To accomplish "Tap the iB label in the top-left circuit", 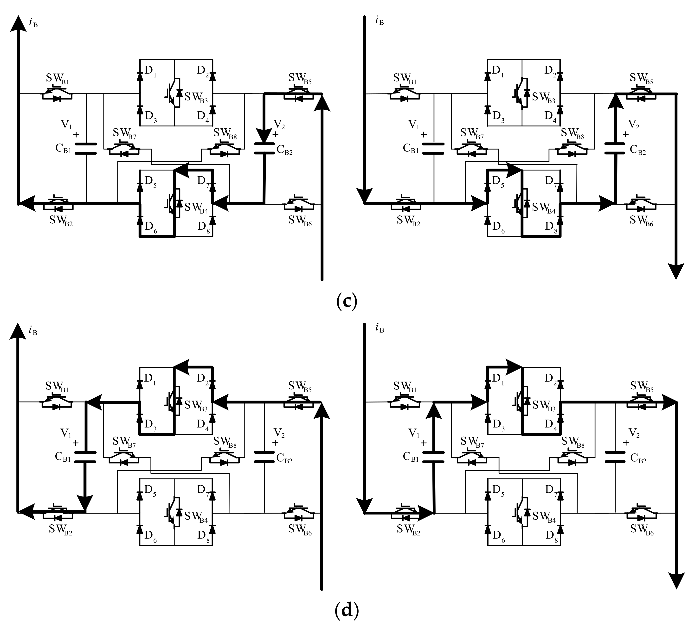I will tap(33, 23).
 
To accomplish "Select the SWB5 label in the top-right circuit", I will tap(641, 79).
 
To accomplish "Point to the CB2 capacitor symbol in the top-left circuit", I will tap(264, 148).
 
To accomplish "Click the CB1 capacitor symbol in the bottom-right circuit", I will tap(434, 457).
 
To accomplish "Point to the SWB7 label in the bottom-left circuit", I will tap(124, 442).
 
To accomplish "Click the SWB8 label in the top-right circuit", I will tap(573, 134).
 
